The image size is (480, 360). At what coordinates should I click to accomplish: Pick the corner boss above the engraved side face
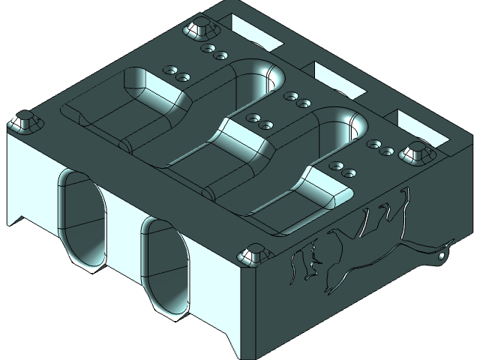coord(252,256)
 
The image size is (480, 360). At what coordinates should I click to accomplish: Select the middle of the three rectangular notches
coord(337,79)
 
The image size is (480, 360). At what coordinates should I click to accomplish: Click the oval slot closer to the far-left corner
coord(80,217)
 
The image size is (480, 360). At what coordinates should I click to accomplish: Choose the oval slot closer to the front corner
coord(166,265)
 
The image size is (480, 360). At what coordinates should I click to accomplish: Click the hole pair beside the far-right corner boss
coord(380,148)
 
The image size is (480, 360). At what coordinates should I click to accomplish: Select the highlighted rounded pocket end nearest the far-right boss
coord(349,124)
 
